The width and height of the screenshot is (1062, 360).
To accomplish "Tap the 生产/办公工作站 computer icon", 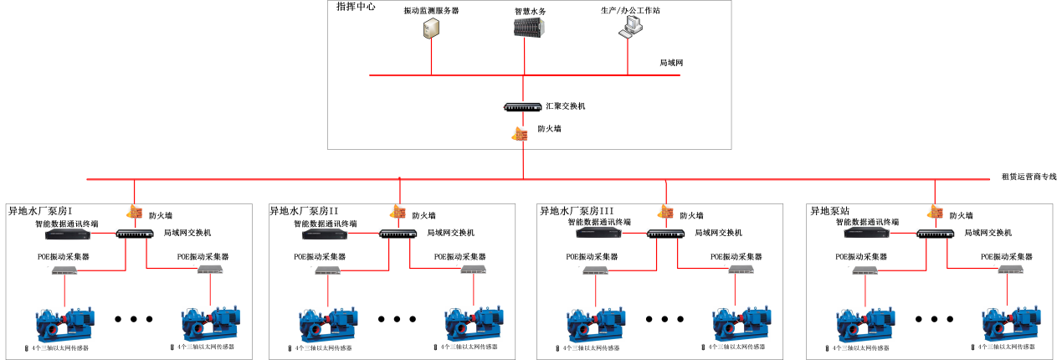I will [628, 28].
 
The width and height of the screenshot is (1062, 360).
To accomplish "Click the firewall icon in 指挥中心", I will [521, 133].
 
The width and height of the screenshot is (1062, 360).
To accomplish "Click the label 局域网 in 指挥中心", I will [672, 63].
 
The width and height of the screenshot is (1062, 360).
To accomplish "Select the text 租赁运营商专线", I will [1029, 177].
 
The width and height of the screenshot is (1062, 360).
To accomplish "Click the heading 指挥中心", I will [356, 7].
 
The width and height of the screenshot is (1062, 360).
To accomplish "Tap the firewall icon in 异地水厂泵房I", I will [134, 213].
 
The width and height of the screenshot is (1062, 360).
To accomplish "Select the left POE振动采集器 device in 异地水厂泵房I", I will [65, 270].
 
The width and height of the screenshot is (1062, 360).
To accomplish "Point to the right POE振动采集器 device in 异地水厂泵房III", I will [740, 270].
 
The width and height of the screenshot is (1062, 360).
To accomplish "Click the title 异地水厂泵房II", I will [304, 212].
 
